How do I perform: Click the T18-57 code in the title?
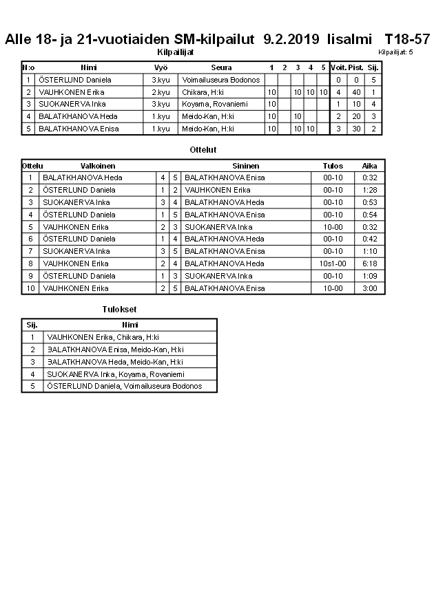click(x=407, y=39)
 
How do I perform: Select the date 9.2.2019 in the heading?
click(x=291, y=39)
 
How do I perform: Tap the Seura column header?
click(x=221, y=67)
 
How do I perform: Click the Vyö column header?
click(x=161, y=67)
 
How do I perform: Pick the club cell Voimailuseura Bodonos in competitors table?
click(x=221, y=80)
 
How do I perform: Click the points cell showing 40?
click(x=356, y=92)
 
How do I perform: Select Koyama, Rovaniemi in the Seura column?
click(x=209, y=104)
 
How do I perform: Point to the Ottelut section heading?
click(x=203, y=149)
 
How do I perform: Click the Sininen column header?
click(x=246, y=166)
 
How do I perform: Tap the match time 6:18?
click(x=370, y=264)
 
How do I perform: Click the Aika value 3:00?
click(x=370, y=288)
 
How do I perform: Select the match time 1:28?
click(x=370, y=189)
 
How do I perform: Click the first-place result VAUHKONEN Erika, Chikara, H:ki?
click(x=103, y=337)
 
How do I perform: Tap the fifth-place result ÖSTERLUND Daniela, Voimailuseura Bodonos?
click(x=124, y=386)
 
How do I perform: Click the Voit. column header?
click(x=338, y=67)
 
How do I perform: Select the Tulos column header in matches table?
click(x=332, y=166)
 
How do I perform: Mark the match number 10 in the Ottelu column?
click(x=31, y=288)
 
